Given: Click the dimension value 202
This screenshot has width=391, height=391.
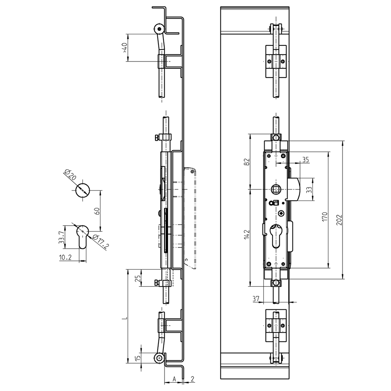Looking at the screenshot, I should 339,220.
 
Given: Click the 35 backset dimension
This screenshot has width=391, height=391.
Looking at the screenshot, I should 305,160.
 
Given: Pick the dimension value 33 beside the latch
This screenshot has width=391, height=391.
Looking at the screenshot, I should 309,189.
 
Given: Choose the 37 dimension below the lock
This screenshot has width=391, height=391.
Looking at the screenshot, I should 256,299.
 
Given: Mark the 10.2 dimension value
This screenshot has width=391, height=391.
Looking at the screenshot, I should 65,258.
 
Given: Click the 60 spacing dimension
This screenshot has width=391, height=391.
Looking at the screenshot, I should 97,211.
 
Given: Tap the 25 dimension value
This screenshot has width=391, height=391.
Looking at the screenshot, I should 137,279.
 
